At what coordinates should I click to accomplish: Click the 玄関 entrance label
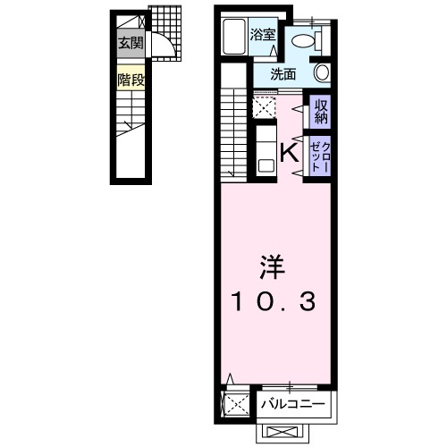pos(131,44)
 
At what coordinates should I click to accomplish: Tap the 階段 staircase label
pos(131,80)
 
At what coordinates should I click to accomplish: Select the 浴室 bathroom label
pos(262,35)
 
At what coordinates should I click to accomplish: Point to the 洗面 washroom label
pos(283,74)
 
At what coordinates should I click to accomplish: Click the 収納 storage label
pos(321,112)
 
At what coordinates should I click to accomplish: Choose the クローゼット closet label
pos(320,156)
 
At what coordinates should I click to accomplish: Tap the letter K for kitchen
pos(290,153)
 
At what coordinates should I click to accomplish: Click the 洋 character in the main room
pos(273,267)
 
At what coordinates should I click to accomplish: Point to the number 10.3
pos(274,301)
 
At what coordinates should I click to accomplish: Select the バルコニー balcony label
pos(292,404)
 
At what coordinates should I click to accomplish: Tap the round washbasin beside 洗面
pos(322,72)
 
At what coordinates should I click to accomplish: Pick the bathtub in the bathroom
pos(234,37)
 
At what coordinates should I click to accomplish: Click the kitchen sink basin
pos(266,165)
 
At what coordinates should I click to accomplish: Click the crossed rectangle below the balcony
pos(283,432)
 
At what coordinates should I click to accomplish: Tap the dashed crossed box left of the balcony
pos(236,404)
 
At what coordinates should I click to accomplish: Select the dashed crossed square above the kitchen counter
pos(264,107)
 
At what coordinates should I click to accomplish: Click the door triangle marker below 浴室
pos(274,51)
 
